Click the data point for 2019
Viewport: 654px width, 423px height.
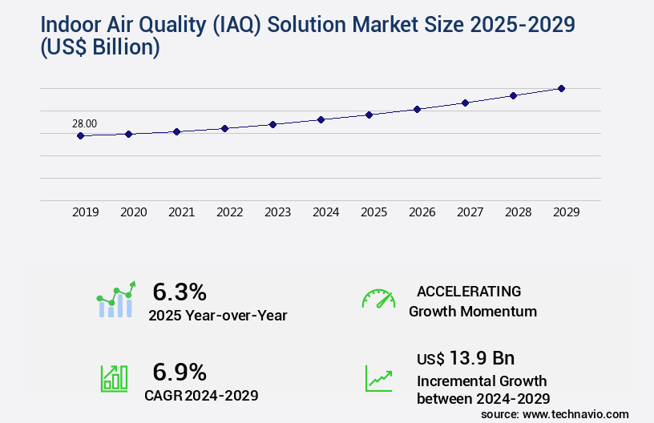coord(80,136)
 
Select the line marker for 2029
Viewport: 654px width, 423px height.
coord(561,88)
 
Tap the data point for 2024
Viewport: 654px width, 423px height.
coord(321,119)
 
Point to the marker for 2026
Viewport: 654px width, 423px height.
coord(417,109)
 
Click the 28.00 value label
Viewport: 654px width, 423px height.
coord(84,123)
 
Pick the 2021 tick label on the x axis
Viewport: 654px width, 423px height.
coord(181,212)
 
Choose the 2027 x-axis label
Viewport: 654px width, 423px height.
coord(470,212)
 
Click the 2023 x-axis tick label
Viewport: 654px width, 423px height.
coord(277,212)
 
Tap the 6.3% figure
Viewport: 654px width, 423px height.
coord(180,292)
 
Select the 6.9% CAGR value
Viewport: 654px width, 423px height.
coord(180,372)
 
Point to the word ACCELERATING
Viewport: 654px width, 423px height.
coord(469,292)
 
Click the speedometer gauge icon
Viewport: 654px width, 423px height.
coord(378,299)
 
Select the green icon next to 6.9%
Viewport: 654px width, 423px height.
coord(114,378)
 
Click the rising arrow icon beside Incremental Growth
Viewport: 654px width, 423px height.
coord(378,378)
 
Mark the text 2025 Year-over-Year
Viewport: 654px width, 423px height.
coord(217,316)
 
